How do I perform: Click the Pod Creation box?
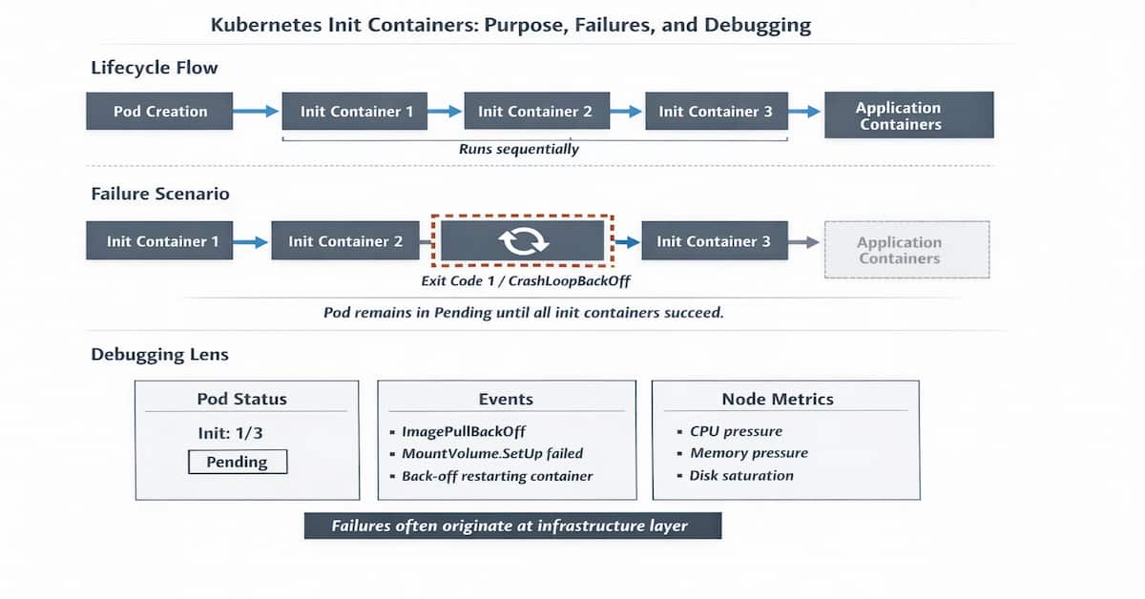tap(160, 112)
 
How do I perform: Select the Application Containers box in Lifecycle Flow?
tap(908, 115)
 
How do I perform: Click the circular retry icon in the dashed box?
tap(522, 242)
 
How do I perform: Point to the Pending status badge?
tap(238, 462)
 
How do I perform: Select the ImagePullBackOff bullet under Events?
tap(464, 431)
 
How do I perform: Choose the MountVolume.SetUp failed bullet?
tap(491, 453)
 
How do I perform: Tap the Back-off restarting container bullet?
tap(496, 475)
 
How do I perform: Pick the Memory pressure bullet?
tap(748, 453)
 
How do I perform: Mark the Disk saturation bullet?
tap(740, 475)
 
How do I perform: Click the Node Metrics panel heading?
tap(777, 399)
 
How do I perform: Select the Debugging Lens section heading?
tap(159, 354)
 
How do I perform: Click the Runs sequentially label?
tap(518, 149)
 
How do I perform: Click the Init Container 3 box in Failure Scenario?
tap(713, 242)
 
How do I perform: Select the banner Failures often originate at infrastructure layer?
tap(512, 526)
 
